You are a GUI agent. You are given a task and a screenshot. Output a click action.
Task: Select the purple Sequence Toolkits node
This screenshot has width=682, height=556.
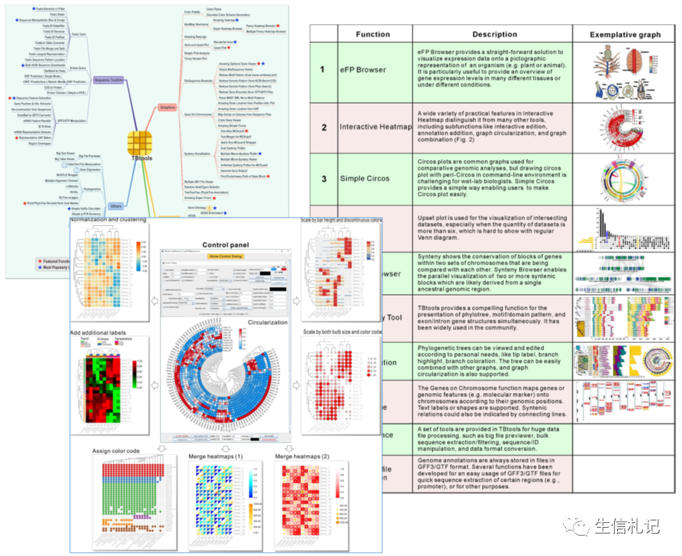107,80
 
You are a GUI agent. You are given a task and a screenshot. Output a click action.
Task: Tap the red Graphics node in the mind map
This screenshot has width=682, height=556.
168,106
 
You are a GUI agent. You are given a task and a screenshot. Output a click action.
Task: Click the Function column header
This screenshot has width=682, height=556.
373,34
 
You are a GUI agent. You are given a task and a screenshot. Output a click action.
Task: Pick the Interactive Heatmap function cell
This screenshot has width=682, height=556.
374,127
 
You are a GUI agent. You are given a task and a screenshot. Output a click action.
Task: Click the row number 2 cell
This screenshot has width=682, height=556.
323,127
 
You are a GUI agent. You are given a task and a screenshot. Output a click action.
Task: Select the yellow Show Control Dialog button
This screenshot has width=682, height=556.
226,256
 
